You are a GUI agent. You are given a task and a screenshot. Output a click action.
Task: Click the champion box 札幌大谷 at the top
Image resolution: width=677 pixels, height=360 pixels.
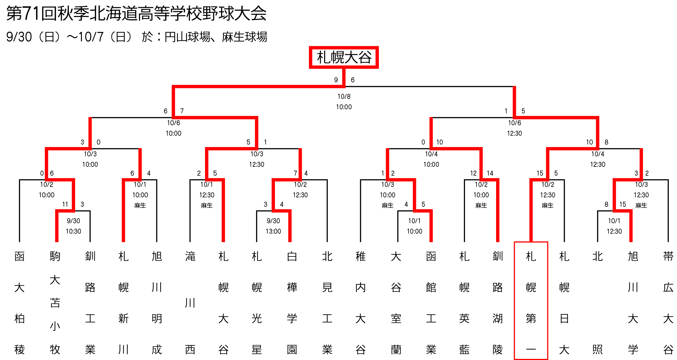tap(344, 57)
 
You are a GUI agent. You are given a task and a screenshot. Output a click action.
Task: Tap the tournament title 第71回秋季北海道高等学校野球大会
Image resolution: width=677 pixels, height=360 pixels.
tap(136, 13)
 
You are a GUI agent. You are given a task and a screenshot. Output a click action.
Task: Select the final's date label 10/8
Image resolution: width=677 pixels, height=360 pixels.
tap(344, 96)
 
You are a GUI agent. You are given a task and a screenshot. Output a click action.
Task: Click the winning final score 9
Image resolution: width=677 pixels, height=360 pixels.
tap(336, 80)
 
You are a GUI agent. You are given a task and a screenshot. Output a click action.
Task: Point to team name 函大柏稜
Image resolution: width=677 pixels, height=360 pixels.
tap(20, 303)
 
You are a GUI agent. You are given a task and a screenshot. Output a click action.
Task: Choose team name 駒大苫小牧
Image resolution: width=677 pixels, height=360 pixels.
tap(55, 303)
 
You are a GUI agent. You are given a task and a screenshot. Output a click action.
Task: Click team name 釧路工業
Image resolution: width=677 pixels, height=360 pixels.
tap(90, 303)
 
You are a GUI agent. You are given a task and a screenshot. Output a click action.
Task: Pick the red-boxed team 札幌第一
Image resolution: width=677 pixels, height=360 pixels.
tap(531, 301)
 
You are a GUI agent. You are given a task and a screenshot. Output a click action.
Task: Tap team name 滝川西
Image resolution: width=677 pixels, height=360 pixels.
tap(190, 303)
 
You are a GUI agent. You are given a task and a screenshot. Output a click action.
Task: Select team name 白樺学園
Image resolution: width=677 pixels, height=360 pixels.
tap(292, 303)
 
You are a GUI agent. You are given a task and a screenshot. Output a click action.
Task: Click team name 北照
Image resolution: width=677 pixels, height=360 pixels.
tap(598, 303)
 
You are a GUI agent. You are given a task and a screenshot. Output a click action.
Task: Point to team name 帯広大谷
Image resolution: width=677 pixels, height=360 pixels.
tap(668, 303)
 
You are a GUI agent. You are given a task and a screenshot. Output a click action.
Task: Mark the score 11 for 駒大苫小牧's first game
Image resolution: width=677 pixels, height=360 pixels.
tap(65, 204)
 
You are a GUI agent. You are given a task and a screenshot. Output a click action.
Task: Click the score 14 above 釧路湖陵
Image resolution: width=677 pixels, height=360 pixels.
tap(490, 173)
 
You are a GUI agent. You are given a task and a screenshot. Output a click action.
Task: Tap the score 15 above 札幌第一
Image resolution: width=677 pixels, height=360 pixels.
tap(540, 173)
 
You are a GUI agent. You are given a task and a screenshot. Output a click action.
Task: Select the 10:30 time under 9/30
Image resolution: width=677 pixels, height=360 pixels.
tap(74, 231)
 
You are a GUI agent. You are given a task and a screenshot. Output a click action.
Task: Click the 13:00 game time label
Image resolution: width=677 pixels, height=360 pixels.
tap(273, 231)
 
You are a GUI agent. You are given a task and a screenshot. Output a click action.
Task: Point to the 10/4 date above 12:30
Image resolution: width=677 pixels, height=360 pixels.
tap(598, 154)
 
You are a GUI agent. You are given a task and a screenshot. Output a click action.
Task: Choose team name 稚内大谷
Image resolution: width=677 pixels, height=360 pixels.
tap(361, 303)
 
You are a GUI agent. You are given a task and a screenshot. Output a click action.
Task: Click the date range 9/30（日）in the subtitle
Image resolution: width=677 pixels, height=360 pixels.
tap(33, 37)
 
